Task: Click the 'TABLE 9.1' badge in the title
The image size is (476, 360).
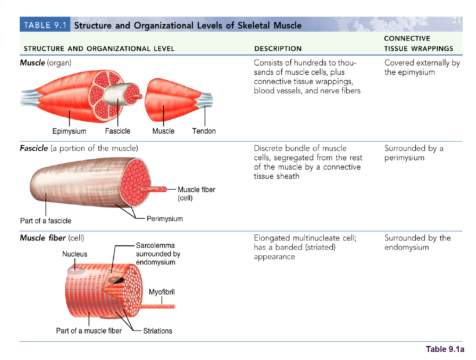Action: click(x=45, y=25)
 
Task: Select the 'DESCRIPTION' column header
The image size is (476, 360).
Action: click(x=278, y=49)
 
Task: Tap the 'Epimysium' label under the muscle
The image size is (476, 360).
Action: click(x=69, y=131)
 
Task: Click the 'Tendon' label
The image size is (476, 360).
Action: click(x=204, y=131)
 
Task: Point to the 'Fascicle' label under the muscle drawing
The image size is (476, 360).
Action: click(x=118, y=131)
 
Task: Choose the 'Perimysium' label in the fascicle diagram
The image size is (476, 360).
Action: click(x=165, y=219)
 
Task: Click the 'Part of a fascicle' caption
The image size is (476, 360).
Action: click(x=46, y=221)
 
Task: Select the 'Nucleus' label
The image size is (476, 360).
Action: click(x=75, y=254)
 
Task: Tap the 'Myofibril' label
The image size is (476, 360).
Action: click(x=162, y=292)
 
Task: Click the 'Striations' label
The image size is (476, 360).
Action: click(x=157, y=331)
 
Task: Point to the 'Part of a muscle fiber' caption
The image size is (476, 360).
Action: click(x=89, y=331)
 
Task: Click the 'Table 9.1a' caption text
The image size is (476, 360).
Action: click(x=445, y=349)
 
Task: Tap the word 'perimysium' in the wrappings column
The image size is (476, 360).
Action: click(x=404, y=158)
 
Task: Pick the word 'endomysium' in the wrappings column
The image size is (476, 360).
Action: click(x=406, y=247)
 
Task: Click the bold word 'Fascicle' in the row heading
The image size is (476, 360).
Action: click(x=34, y=148)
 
